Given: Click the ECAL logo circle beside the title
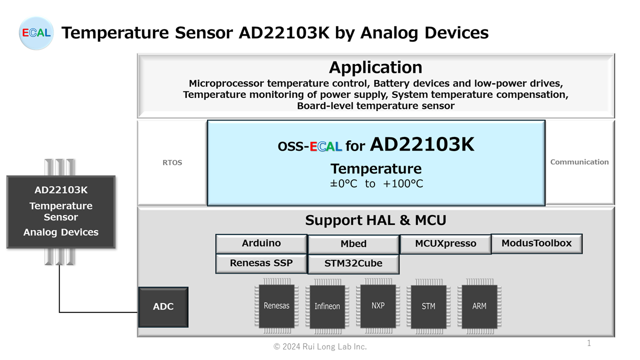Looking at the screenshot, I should [x=35, y=33].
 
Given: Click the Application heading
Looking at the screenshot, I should [x=375, y=67].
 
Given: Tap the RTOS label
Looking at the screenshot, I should [x=172, y=162].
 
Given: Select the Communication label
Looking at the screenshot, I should [x=579, y=162].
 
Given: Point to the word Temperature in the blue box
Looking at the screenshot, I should [x=376, y=168].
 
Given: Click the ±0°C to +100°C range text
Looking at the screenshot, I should [x=376, y=184].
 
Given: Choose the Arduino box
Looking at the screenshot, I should [x=261, y=243].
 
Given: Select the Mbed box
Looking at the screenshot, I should [x=353, y=244].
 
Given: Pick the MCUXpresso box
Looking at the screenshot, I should [x=445, y=244].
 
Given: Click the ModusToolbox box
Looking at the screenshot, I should [x=536, y=243].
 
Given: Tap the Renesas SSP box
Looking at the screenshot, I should [x=261, y=263].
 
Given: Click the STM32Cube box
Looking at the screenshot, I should [x=353, y=263].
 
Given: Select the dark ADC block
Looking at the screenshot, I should [x=163, y=306].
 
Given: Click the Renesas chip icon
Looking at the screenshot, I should [x=276, y=306].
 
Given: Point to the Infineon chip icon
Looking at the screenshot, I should [x=327, y=306].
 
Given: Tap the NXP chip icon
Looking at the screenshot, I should [x=378, y=305].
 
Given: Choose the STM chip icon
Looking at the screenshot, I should [x=428, y=306].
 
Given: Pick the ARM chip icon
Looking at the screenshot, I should [x=479, y=306].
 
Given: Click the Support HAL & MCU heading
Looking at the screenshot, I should [x=375, y=220].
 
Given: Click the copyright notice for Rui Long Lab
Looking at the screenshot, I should [x=320, y=346].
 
